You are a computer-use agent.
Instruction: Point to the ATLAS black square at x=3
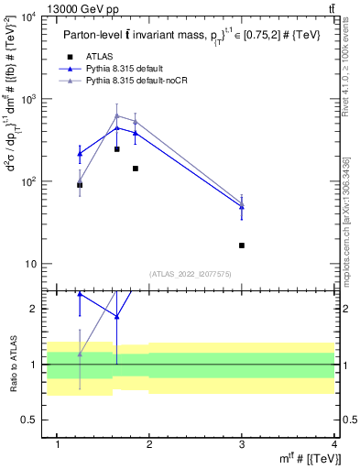(x=242, y=245)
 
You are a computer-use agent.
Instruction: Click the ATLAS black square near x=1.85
(x=136, y=169)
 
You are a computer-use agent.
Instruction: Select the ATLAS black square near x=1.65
(x=117, y=149)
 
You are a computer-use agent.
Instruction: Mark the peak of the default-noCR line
(x=117, y=115)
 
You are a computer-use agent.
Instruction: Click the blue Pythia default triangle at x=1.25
(x=80, y=154)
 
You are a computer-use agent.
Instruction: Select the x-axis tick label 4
(x=334, y=444)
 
